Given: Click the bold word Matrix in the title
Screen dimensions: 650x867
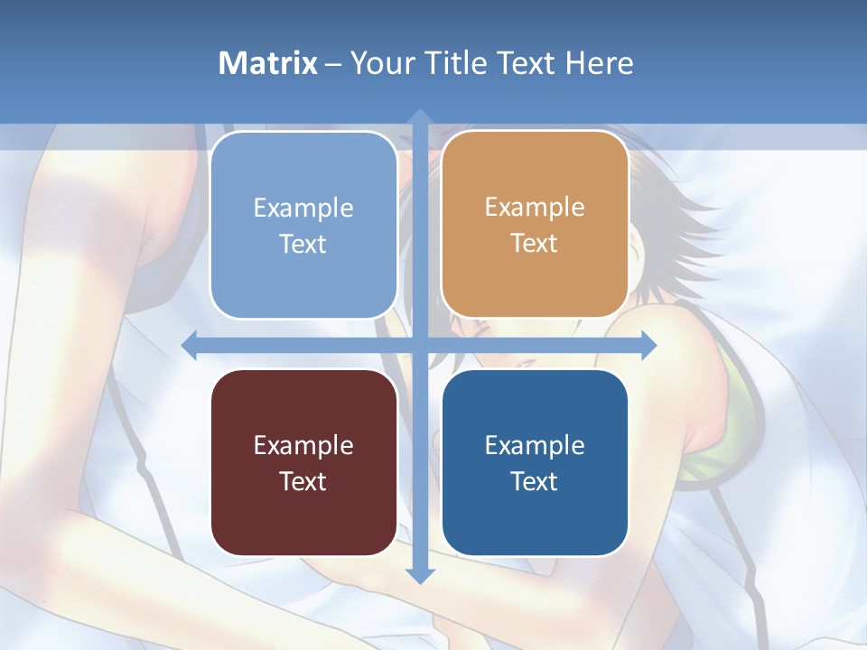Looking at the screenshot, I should click(268, 63).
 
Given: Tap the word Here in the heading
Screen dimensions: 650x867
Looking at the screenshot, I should click(600, 63).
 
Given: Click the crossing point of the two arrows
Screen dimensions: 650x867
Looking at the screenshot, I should click(419, 345).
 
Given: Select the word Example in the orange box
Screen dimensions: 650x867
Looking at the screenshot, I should click(535, 208).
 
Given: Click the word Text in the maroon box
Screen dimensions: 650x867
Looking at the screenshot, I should click(303, 481).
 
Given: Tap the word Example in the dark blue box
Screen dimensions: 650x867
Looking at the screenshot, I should click(535, 445).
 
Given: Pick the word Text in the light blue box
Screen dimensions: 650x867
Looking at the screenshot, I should click(303, 244).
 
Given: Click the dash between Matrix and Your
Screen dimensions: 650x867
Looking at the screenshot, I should click(333, 64).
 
